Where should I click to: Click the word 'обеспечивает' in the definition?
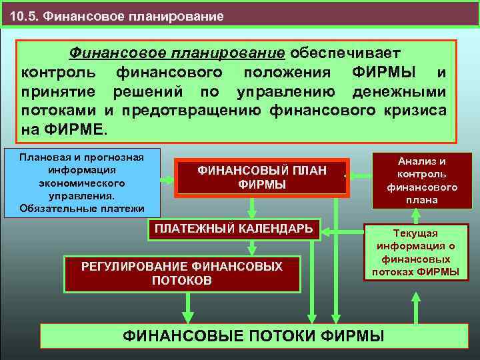[345, 53]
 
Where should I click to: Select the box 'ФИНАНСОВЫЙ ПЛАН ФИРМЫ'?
[262, 178]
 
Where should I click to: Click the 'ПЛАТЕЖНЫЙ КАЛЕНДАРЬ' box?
[234, 229]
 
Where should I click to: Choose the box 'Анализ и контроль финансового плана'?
[421, 180]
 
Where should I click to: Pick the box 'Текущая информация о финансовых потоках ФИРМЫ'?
[416, 253]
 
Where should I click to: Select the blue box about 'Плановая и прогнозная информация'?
[82, 182]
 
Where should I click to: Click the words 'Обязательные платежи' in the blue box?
[82, 209]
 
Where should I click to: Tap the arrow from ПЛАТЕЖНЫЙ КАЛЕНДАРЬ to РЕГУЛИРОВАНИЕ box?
[252, 248]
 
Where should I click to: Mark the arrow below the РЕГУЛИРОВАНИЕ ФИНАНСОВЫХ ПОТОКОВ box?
[189, 308]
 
